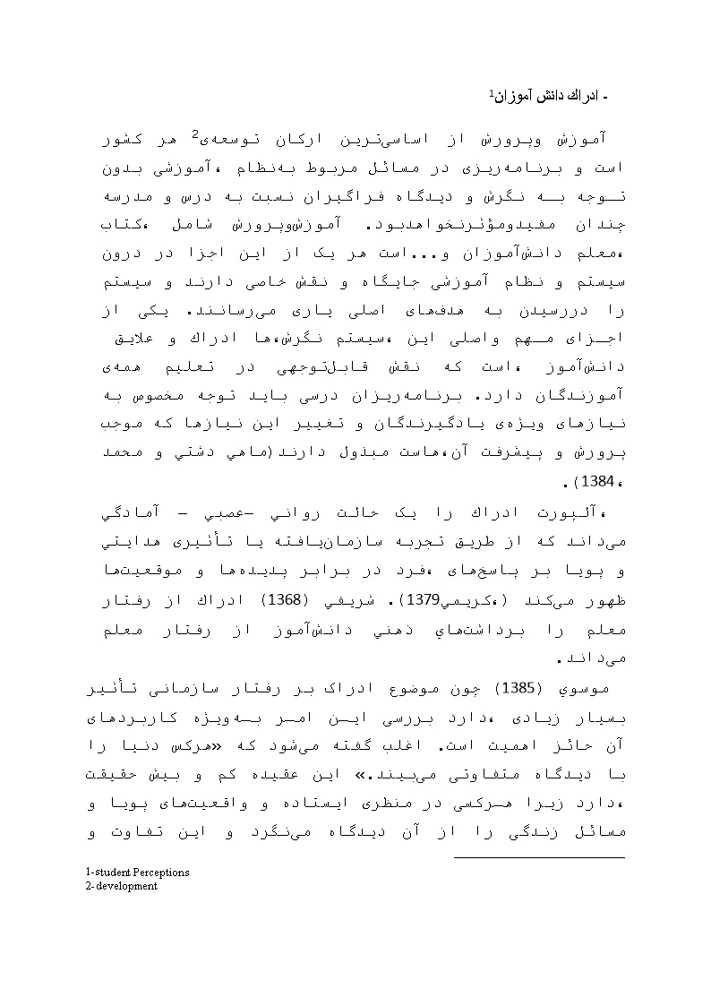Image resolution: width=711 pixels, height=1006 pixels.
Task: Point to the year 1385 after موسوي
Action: pos(518,689)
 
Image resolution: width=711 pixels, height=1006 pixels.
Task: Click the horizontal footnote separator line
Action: pos(539,857)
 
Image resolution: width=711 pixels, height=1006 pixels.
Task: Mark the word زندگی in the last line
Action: pos(523,835)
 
